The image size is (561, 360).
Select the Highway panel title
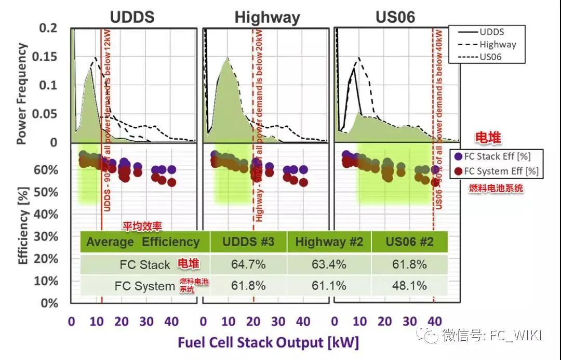(x=267, y=18)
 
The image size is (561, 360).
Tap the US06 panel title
(x=395, y=17)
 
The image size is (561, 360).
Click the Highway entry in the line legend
(x=498, y=44)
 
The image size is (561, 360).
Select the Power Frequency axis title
(x=22, y=94)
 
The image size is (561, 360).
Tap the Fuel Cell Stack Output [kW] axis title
(x=268, y=342)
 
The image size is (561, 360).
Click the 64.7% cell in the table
(x=248, y=264)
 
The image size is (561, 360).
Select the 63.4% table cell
(x=329, y=264)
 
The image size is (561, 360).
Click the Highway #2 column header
(x=329, y=242)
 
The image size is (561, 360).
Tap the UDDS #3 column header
(x=248, y=242)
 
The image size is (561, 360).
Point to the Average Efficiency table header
(x=143, y=242)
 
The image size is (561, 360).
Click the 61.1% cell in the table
(x=329, y=286)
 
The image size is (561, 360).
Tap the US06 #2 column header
(x=409, y=242)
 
